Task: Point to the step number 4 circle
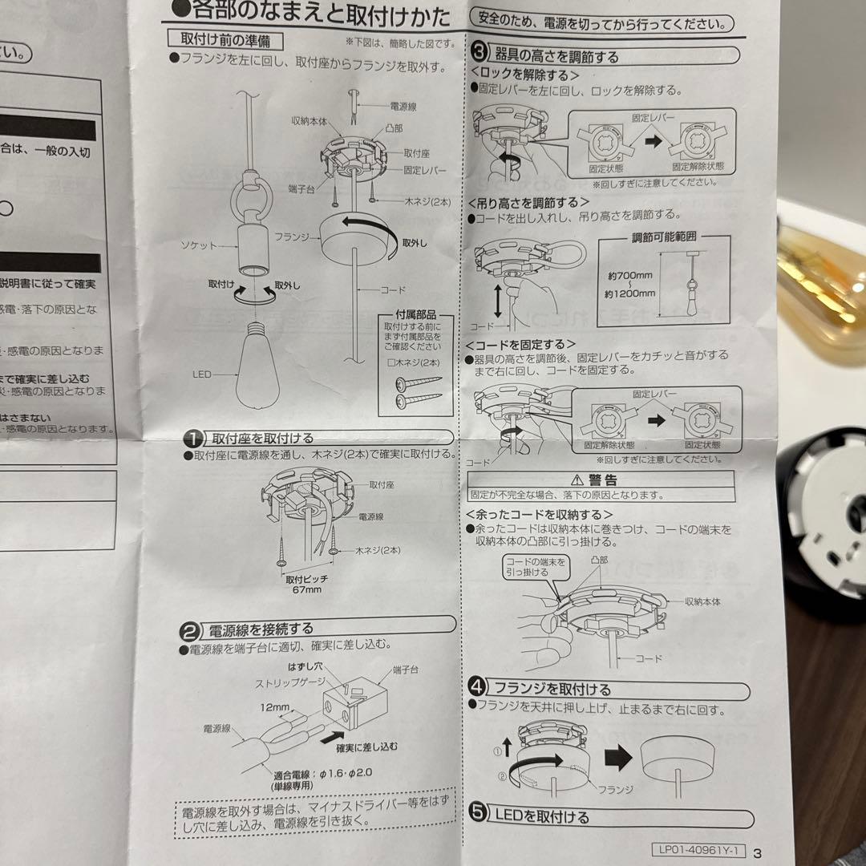click(x=477, y=687)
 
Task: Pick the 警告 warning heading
click(x=602, y=480)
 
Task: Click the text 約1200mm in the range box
click(x=631, y=293)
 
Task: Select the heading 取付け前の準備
click(x=225, y=39)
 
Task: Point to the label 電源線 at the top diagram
click(x=403, y=105)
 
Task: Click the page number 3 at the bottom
click(x=757, y=853)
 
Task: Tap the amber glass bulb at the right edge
click(x=822, y=289)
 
